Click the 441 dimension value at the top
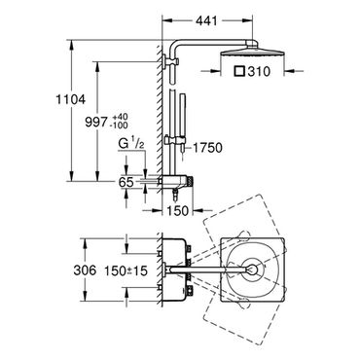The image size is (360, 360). [x=206, y=21]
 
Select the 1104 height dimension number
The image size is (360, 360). [x=70, y=99]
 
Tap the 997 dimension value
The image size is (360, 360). [x=96, y=122]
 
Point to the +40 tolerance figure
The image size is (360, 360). [x=121, y=117]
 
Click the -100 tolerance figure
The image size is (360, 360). [x=119, y=125]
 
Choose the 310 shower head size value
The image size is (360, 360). [x=259, y=71]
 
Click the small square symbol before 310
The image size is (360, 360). [x=240, y=71]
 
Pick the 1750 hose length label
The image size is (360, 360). [x=207, y=148]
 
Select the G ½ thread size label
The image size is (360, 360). [x=131, y=145]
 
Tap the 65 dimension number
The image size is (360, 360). [x=126, y=182]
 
